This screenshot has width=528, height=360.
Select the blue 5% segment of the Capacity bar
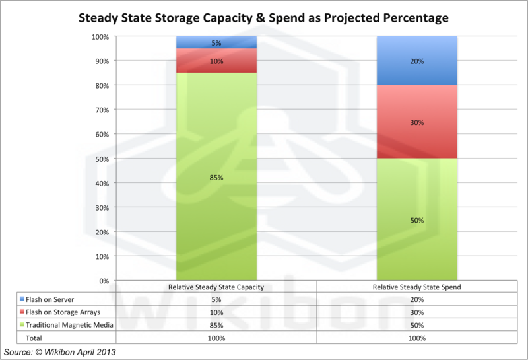tap(216, 43)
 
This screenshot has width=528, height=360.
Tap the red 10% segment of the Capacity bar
tap(216, 61)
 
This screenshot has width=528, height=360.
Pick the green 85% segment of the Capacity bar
tap(216, 176)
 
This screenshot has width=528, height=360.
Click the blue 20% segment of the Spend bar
tap(416, 61)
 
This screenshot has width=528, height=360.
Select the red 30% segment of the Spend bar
tap(416, 122)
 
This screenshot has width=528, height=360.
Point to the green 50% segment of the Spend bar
tap(416, 220)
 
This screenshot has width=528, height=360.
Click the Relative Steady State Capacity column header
tap(216, 287)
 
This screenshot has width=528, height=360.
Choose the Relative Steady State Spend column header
tap(416, 287)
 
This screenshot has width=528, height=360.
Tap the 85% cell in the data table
tap(216, 326)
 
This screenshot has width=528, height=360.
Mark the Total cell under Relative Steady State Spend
tap(416, 338)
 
